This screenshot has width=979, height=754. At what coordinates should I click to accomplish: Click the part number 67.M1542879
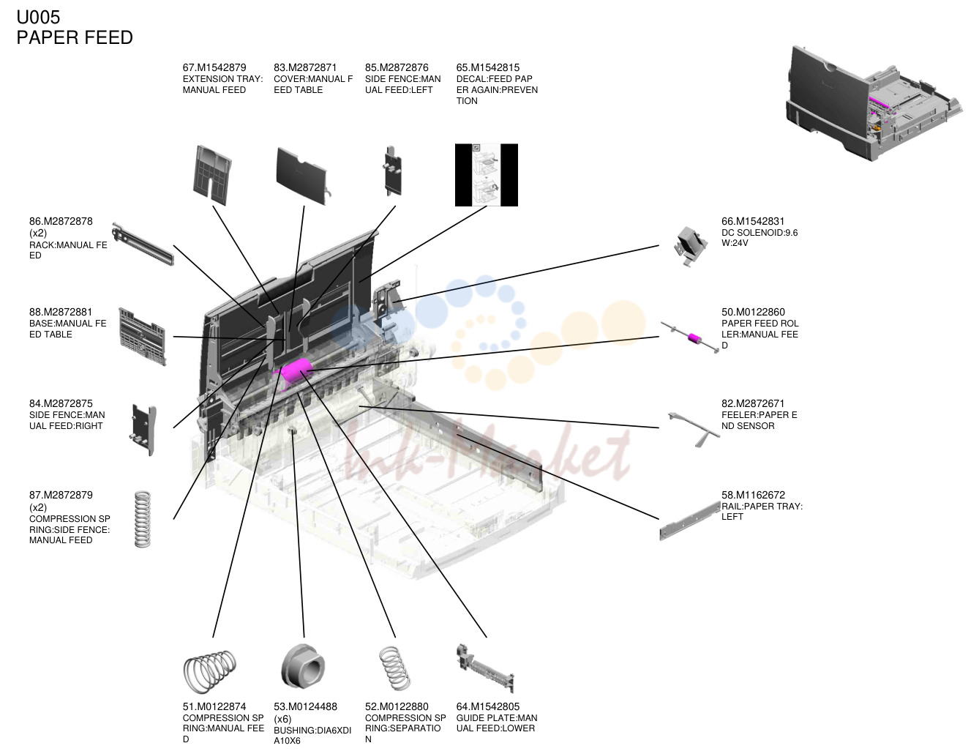214,67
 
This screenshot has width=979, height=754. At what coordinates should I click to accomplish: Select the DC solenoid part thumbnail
690,246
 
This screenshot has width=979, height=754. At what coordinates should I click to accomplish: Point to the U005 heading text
38,18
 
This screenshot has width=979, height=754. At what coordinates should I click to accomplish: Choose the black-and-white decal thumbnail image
486,175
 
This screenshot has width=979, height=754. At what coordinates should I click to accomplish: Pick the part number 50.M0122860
753,312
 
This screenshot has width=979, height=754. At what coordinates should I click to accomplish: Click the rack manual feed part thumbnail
143,244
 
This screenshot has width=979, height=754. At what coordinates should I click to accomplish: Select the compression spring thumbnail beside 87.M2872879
143,519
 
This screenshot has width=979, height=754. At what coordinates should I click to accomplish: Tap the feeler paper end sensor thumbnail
694,428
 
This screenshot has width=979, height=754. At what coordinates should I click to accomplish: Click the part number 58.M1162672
753,495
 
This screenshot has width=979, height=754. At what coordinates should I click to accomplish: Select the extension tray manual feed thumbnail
211,175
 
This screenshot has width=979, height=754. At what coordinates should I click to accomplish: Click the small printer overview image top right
874,103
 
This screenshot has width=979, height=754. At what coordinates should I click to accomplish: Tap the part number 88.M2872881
61,312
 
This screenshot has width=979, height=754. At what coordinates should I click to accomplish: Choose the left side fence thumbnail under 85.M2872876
392,171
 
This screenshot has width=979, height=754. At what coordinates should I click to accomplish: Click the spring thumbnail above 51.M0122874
209,671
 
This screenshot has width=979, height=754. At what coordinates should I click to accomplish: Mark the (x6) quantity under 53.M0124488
282,719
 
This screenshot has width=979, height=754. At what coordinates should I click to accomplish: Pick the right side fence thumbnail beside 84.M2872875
144,430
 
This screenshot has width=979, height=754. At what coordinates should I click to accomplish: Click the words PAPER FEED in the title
75,38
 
